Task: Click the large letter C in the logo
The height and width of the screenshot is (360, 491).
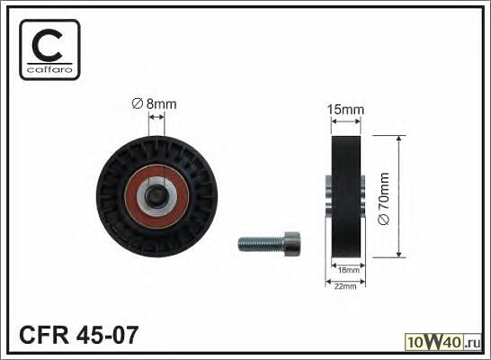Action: (x=48, y=45)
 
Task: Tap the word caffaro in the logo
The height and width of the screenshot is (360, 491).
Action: (x=49, y=69)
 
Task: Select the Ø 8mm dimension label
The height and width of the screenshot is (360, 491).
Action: (x=155, y=103)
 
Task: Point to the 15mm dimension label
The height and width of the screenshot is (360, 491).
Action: (x=345, y=110)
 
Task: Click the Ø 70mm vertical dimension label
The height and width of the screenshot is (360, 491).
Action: (x=384, y=199)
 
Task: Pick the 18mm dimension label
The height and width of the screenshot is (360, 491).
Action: (x=348, y=270)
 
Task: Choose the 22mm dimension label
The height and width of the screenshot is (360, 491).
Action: (x=345, y=285)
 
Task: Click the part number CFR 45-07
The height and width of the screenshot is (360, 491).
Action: (x=78, y=335)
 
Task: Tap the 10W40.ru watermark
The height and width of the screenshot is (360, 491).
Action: (x=443, y=342)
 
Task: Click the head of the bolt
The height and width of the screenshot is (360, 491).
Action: (x=292, y=245)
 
